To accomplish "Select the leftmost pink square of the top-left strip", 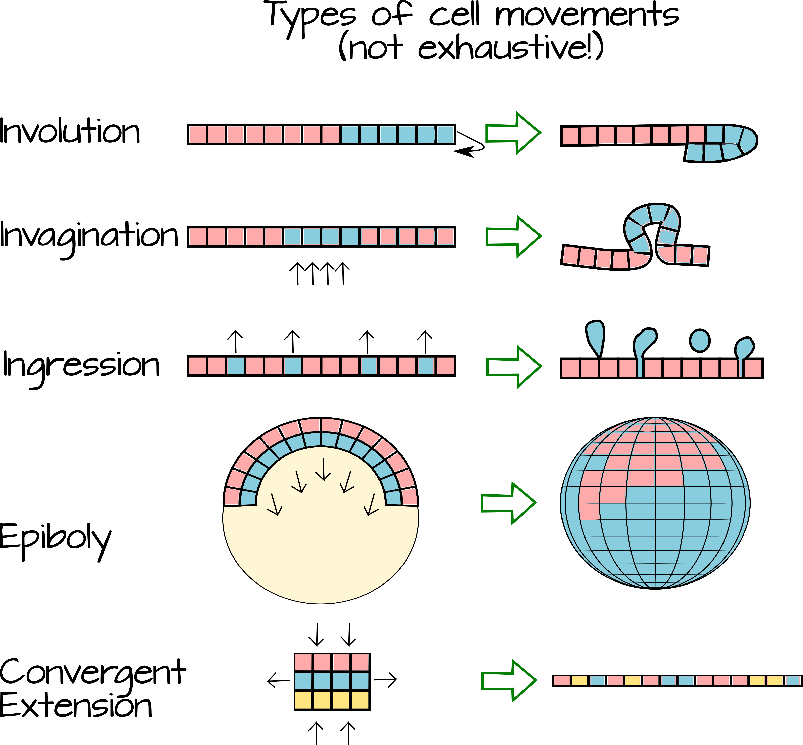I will (197, 134).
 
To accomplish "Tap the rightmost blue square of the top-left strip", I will (445, 134).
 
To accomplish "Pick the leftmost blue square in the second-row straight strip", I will (292, 237).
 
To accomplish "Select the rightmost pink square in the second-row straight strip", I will (445, 237).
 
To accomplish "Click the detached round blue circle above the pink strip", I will (700, 341).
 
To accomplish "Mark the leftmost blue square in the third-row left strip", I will (235, 366).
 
